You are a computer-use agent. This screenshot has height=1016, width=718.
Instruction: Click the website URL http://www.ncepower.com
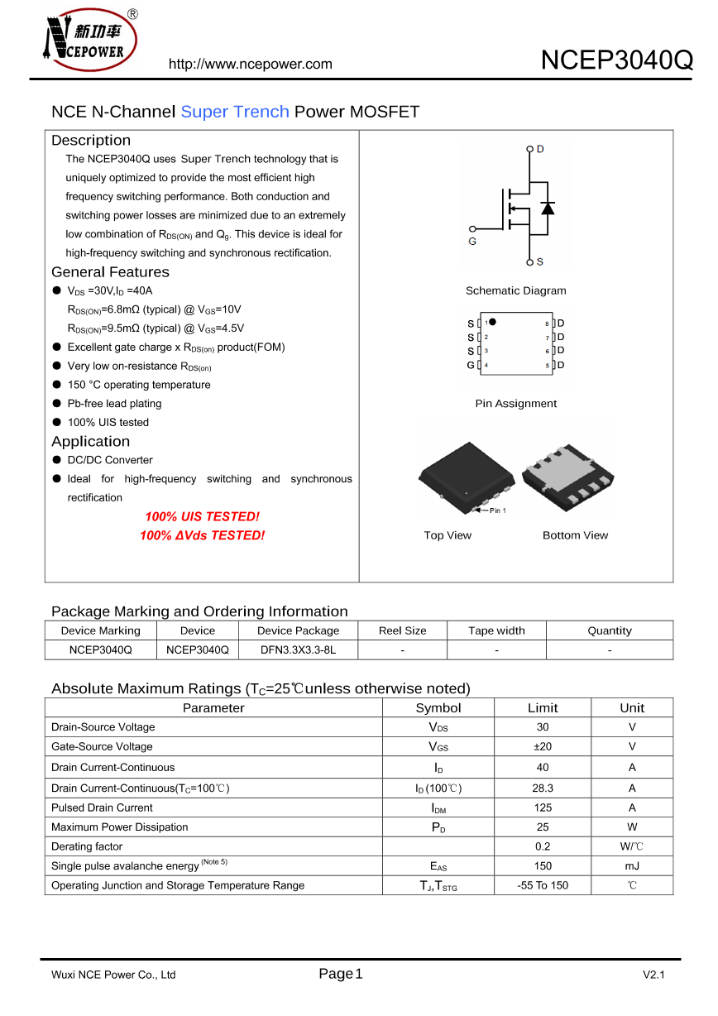(x=251, y=65)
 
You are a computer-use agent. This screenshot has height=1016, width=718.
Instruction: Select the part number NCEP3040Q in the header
(x=616, y=60)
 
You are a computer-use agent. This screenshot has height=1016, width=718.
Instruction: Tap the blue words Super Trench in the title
(x=235, y=112)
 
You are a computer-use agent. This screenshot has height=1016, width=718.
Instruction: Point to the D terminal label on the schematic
(x=540, y=149)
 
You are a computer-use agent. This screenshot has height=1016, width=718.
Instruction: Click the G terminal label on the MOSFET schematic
(x=472, y=242)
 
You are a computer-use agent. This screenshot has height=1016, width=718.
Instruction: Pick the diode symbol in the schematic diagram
(x=547, y=208)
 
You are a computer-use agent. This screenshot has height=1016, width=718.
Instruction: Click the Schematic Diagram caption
(x=515, y=290)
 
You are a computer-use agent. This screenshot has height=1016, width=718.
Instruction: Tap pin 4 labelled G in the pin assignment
(x=471, y=365)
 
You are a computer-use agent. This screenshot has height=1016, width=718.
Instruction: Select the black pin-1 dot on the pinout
(x=493, y=322)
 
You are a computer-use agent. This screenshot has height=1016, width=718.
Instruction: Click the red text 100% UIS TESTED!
(x=202, y=516)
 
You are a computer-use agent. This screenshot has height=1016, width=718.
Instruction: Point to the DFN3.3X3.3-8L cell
(x=298, y=650)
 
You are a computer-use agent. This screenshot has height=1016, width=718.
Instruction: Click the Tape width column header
(x=496, y=630)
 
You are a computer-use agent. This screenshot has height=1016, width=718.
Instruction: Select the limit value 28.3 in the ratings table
(x=543, y=788)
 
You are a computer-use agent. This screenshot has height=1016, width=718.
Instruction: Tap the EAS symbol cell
(x=438, y=866)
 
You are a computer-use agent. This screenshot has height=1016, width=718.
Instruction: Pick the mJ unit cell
(x=632, y=866)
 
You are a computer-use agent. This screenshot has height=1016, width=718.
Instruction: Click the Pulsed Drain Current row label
(x=102, y=808)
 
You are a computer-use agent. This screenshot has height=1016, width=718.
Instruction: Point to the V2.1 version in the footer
(x=653, y=975)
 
